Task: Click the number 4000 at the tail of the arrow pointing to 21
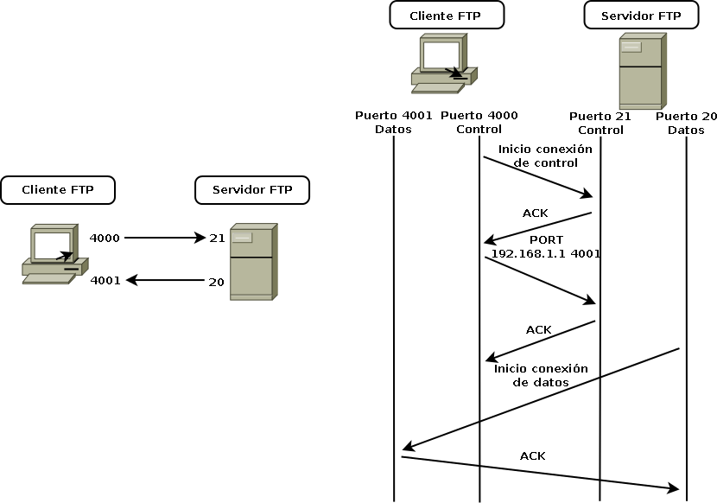click(x=105, y=238)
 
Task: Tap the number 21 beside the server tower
click(x=216, y=238)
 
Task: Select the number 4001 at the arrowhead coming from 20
click(x=105, y=281)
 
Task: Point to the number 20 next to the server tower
click(x=216, y=282)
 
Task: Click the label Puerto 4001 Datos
click(x=393, y=123)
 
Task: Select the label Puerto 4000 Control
click(x=479, y=123)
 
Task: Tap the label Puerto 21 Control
click(x=600, y=123)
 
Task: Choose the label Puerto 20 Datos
click(x=686, y=123)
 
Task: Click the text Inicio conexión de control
click(x=545, y=156)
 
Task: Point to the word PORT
click(x=546, y=239)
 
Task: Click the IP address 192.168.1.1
click(x=529, y=254)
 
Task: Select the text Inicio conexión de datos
click(x=541, y=375)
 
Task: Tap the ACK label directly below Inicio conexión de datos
click(x=533, y=455)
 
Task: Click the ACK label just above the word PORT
click(x=535, y=213)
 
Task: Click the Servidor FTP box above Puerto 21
click(x=641, y=16)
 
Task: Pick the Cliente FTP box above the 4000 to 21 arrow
click(x=58, y=189)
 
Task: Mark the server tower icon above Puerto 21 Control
click(x=642, y=71)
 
